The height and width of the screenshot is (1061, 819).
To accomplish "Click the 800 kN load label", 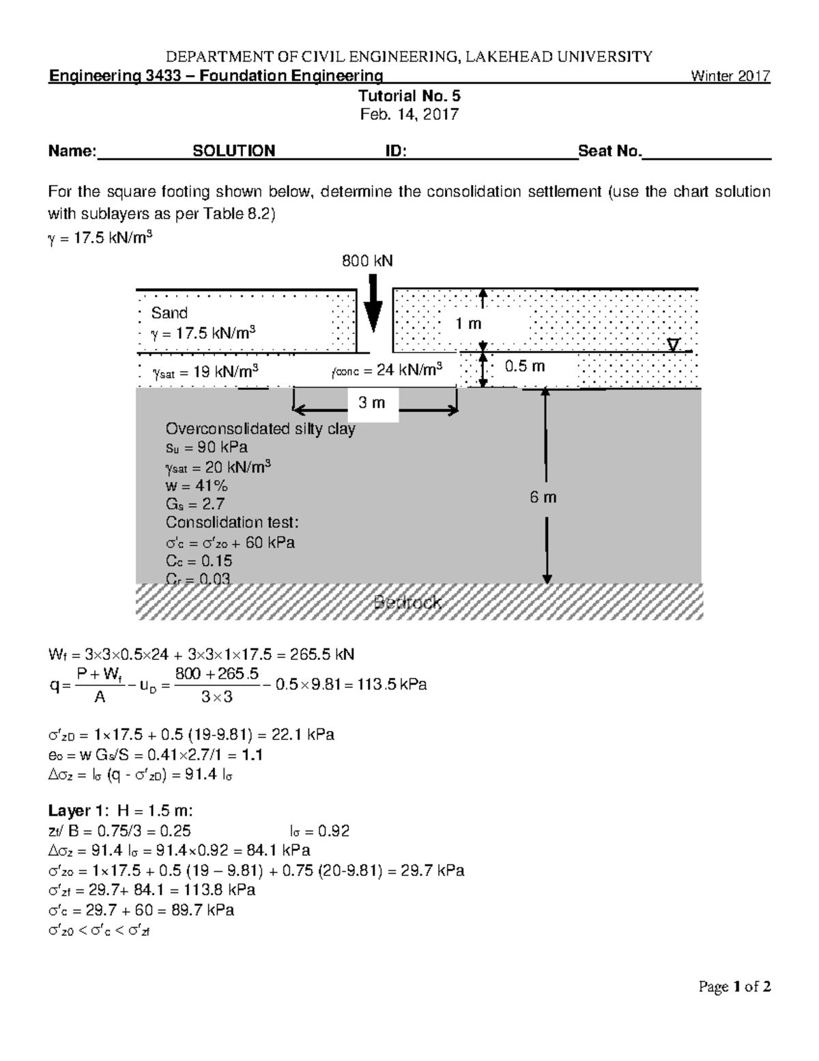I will tap(367, 261).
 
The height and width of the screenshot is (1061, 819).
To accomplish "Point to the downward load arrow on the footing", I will tap(373, 304).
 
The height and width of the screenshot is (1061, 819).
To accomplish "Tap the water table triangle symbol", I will tap(674, 345).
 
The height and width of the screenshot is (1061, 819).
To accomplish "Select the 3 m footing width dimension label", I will tap(371, 403).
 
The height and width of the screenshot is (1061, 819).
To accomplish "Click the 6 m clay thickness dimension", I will tap(543, 497).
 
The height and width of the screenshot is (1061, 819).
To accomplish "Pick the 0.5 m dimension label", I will tap(524, 366).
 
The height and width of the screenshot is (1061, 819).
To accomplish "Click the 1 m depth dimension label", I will tap(469, 324).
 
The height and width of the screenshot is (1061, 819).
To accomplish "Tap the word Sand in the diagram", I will tap(169, 313).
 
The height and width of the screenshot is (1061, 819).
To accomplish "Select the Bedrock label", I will tap(407, 603).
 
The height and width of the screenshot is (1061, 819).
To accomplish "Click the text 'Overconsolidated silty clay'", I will tap(260, 429).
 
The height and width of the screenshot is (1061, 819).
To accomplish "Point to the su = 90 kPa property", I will tap(206, 447).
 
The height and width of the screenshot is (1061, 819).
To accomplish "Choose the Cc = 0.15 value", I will tap(199, 561).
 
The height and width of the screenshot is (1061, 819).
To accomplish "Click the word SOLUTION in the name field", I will tap(234, 151).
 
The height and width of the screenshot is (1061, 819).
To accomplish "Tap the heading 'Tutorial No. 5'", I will tap(409, 96).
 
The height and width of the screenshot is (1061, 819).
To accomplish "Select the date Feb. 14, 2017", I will tap(409, 114).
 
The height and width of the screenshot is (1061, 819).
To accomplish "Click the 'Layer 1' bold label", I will tap(75, 811).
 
